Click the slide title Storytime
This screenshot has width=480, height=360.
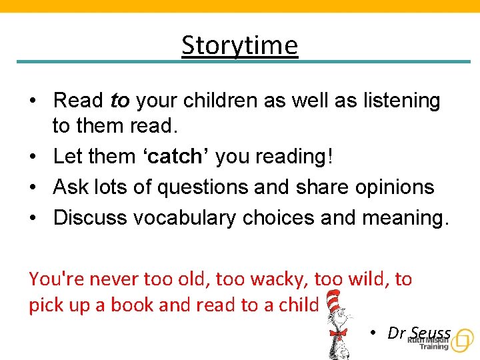click(239, 46)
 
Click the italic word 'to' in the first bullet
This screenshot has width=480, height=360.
click(119, 101)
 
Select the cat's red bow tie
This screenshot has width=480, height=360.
click(338, 332)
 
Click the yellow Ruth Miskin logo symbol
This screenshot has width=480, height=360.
click(461, 341)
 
